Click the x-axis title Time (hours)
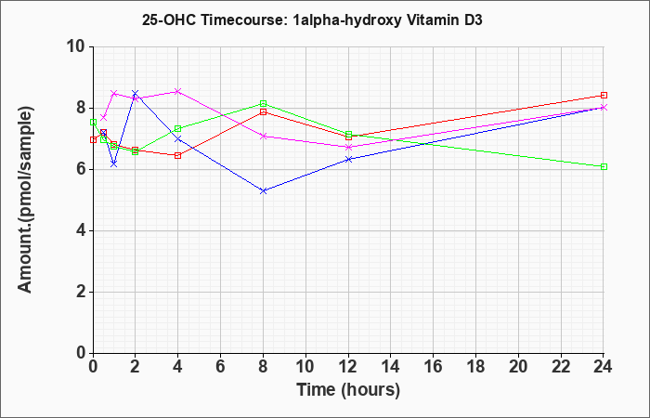pyautogui.click(x=348, y=389)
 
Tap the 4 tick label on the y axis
pyautogui.click(x=80, y=230)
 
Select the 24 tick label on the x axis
pyautogui.click(x=604, y=367)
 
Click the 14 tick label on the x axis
pyautogui.click(x=391, y=367)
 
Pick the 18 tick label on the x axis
pyautogui.click(x=475, y=367)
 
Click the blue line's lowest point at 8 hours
pyautogui.click(x=264, y=190)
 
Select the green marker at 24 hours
pyautogui.click(x=604, y=166)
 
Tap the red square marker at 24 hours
pyautogui.click(x=604, y=95)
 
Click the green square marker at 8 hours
pyautogui.click(x=264, y=103)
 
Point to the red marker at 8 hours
pyautogui.click(x=264, y=111)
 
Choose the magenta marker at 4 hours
pyautogui.click(x=178, y=91)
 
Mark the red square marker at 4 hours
pyautogui.click(x=178, y=155)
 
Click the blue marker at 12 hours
pyautogui.click(x=348, y=159)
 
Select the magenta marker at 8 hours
pyautogui.click(x=264, y=136)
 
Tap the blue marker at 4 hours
pyautogui.click(x=178, y=139)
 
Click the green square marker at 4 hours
pyautogui.click(x=178, y=128)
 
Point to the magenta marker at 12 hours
pyautogui.click(x=348, y=147)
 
